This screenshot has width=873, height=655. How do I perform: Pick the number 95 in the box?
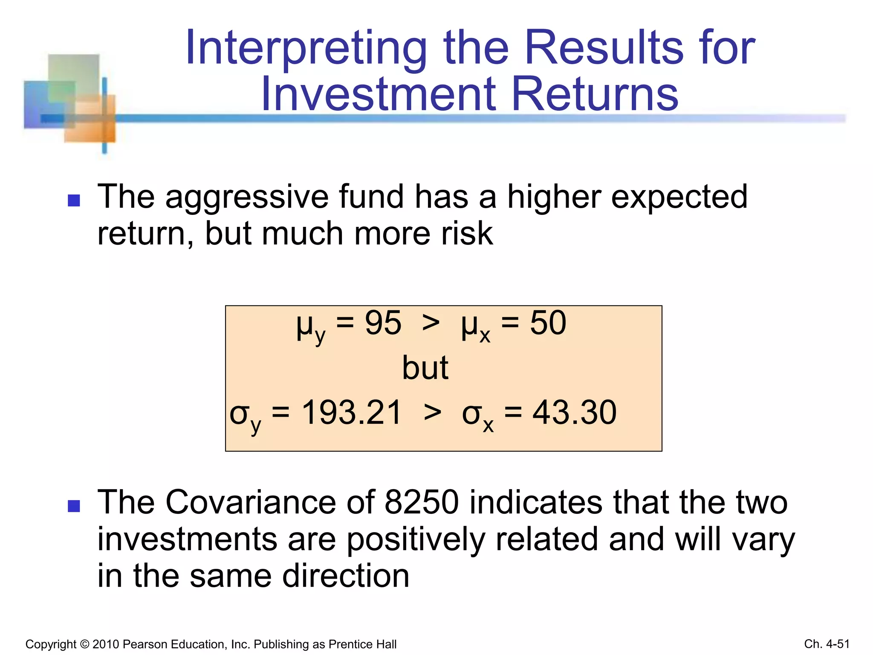point(383,323)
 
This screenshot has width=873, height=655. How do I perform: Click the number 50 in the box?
point(548,323)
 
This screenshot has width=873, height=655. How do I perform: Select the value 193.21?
point(352,413)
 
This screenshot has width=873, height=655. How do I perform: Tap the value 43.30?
point(574,413)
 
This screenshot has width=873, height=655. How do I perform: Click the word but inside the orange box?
point(425,368)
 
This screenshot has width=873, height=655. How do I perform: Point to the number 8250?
point(422,502)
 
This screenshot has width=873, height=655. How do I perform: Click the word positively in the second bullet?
point(416,539)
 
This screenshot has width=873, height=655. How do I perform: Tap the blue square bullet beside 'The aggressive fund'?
point(74,200)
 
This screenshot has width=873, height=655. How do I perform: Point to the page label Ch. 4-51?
point(827,644)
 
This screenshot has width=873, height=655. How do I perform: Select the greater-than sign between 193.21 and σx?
point(432,413)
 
